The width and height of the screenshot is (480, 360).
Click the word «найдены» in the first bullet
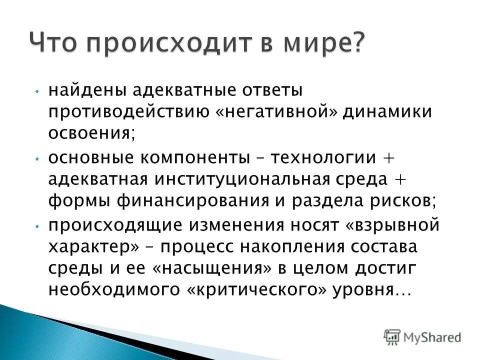[x=80, y=91]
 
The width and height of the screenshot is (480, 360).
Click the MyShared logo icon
[x=393, y=336]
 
